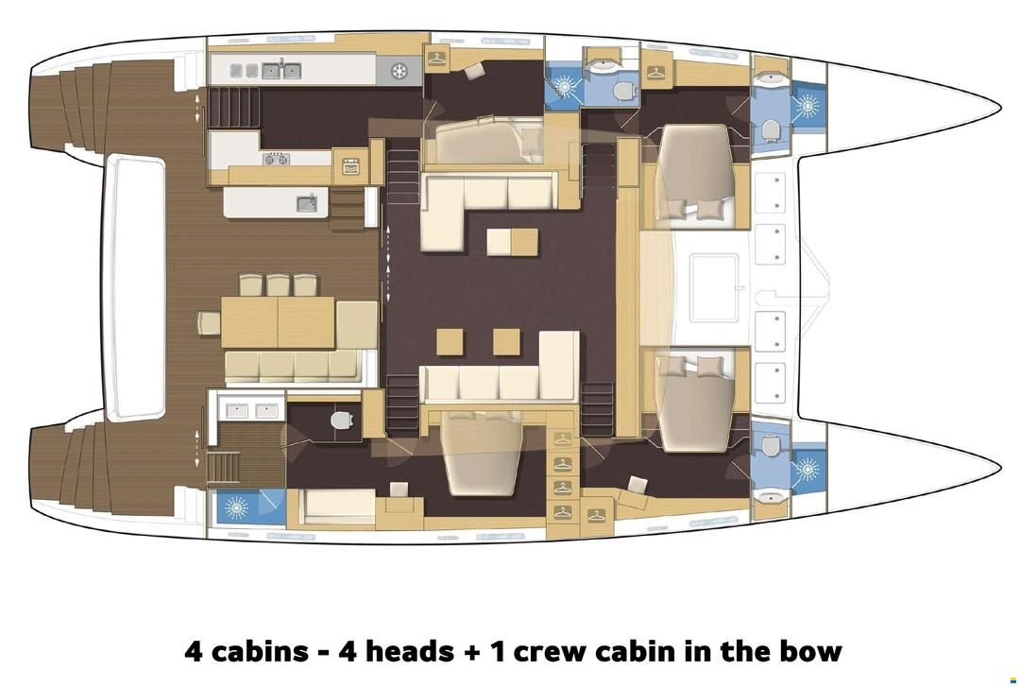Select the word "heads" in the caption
tap(396, 650)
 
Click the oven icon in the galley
tap(351, 166)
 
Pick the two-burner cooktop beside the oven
tap(276, 158)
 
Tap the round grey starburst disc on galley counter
tap(399, 70)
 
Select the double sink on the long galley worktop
tap(281, 70)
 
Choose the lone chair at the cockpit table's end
tap(209, 323)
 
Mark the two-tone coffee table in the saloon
tap(513, 242)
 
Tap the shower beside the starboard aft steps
tap(235, 507)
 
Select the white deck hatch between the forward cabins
tap(714, 288)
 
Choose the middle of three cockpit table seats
tap(278, 285)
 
